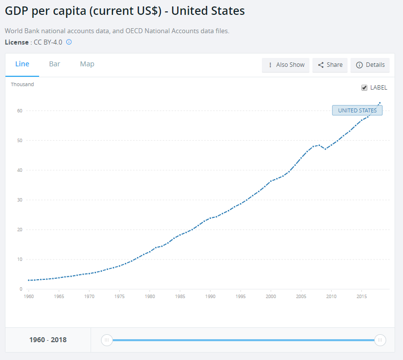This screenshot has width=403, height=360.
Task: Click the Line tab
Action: [x=22, y=64]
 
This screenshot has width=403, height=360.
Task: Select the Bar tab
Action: [x=54, y=64]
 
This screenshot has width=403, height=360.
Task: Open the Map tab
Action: [x=87, y=64]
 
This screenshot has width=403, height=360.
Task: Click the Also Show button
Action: [x=286, y=65]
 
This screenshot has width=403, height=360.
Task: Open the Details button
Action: [x=370, y=65]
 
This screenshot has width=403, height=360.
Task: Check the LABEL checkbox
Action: [x=365, y=88]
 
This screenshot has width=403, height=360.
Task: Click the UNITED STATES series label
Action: [x=357, y=110]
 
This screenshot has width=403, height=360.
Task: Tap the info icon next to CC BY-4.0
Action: [x=69, y=42]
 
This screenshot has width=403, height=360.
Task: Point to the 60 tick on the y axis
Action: [x=20, y=110]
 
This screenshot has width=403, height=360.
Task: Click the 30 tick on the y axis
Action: [x=20, y=200]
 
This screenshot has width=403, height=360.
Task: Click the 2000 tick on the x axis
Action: [x=271, y=297]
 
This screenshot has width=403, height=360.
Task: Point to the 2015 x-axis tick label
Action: [x=361, y=297]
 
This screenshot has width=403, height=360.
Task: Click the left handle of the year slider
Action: [x=106, y=340]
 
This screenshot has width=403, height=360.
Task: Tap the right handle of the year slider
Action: [x=380, y=340]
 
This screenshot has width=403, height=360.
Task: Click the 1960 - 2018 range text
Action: [x=48, y=340]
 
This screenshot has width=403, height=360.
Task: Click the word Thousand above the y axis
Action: [x=22, y=84]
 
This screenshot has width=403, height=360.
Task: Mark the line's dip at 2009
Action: [x=325, y=149]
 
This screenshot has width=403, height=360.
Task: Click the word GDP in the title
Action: [x=17, y=11]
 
